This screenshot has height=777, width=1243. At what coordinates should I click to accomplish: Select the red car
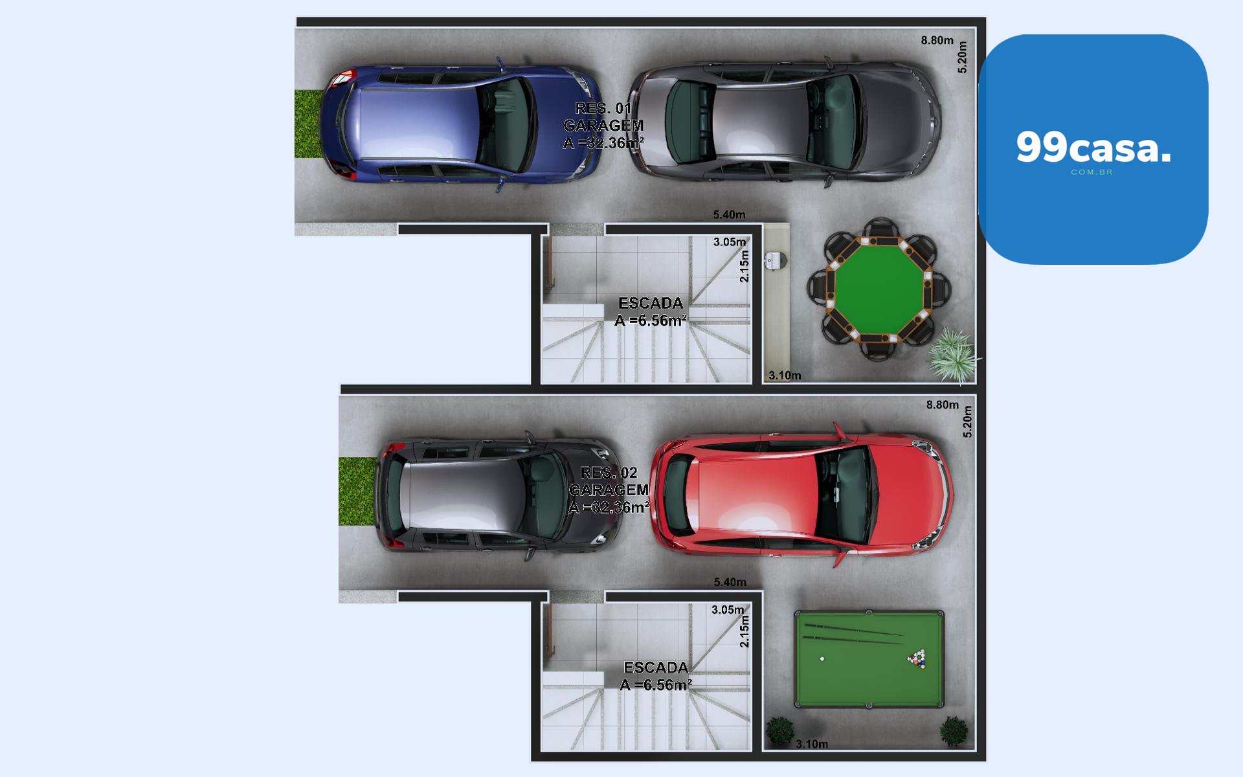801,495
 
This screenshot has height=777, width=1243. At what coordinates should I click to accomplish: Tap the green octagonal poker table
879,288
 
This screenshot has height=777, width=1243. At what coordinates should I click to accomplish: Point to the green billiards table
869,659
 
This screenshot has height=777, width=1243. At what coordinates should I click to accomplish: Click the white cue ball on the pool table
822,659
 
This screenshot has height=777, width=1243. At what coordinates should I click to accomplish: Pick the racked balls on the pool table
917,659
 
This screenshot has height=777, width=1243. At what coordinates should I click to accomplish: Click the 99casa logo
1093,149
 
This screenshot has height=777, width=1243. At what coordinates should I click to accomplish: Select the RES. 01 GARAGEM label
603,126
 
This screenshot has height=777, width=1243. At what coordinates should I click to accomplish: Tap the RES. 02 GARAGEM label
609,490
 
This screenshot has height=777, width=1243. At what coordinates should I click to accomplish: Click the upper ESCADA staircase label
651,311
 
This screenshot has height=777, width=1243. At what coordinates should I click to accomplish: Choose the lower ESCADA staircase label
656,676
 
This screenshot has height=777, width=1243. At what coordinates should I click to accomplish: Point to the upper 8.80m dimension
937,40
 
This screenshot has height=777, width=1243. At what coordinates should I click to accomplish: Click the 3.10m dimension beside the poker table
785,376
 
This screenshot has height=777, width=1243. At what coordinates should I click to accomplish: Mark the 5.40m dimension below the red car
730,582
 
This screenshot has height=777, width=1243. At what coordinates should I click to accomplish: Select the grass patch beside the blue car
309,124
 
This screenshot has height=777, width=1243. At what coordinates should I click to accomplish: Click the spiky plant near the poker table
953,354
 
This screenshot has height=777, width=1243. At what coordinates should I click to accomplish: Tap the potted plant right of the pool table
954,731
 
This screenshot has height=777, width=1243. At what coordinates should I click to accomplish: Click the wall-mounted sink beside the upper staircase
775,260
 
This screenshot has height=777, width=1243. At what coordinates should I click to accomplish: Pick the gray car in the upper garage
785,123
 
